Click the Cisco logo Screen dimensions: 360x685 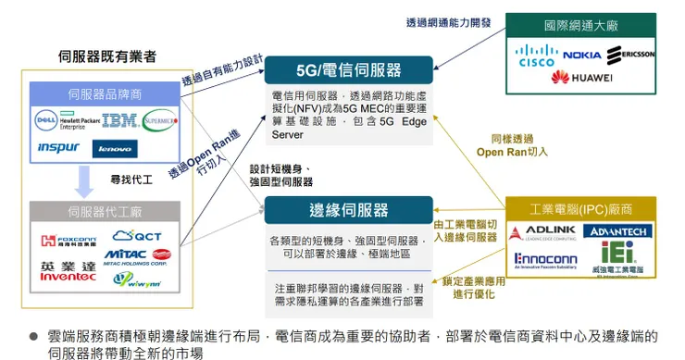point(536,56)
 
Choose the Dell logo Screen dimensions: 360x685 point(44,119)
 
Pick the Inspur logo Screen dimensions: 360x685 point(57,147)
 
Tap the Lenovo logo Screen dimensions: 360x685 point(115,148)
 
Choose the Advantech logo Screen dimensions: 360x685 point(618,230)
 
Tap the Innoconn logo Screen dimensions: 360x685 point(545,260)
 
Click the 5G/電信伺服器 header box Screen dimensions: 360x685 point(348,69)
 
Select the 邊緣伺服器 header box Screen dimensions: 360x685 point(348,210)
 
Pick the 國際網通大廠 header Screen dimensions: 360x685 point(580,25)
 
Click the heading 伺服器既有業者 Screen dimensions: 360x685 point(107,56)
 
